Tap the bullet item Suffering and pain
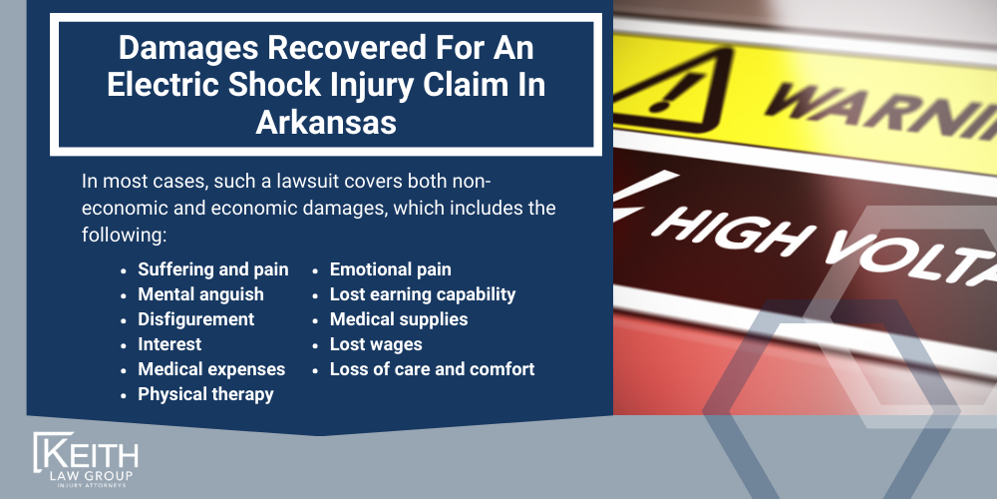pos(212,269)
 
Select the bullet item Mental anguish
pos(200,294)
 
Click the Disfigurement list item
pos(195,319)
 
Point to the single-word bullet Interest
pos(169,344)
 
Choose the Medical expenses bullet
pos(211,369)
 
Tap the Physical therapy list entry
pos(205,394)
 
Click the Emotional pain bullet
pos(390,269)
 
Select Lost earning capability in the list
pos(422,294)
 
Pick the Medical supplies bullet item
pos(398,319)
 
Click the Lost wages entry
pos(376,344)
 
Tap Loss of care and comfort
pos(432,369)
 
